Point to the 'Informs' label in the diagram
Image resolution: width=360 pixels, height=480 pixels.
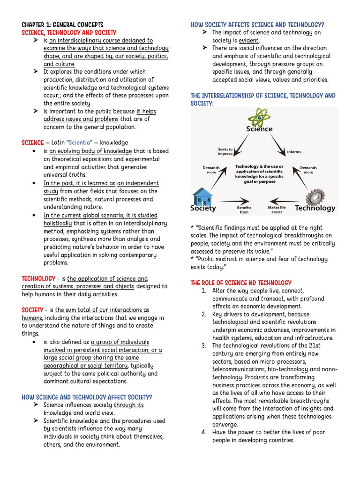[x=294, y=152]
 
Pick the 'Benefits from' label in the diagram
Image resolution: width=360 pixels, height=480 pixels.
[x=244, y=210]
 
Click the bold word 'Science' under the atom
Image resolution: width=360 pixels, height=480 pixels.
[x=259, y=129]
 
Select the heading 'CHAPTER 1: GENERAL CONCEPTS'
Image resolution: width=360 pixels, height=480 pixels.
[x=62, y=24]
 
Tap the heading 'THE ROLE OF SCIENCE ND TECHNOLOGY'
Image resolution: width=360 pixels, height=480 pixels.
[x=241, y=283]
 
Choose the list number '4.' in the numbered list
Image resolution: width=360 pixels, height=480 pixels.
[x=204, y=432]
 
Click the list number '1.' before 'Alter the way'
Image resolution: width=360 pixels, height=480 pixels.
[x=204, y=291]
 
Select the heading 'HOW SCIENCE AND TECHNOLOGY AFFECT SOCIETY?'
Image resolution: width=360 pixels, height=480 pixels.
[x=87, y=397]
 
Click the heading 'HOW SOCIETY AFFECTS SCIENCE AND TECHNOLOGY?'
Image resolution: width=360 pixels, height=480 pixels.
[x=257, y=24]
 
